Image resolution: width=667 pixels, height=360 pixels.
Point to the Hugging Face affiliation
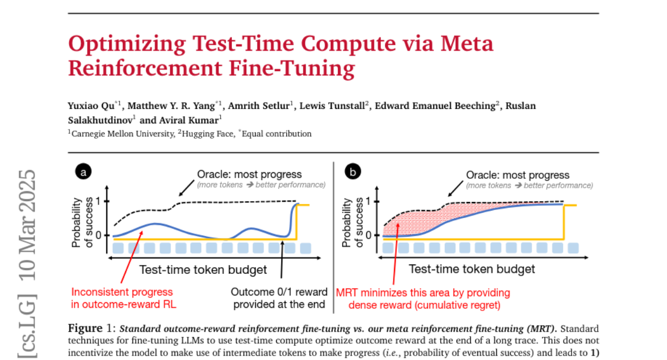209,134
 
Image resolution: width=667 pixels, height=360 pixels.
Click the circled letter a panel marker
84,173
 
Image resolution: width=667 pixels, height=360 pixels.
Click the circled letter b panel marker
352,173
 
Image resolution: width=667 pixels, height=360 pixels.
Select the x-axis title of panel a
203,270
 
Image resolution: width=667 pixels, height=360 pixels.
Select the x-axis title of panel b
472,269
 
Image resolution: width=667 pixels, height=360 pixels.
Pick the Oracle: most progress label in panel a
250,175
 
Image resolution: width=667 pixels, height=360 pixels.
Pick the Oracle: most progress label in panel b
517,175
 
